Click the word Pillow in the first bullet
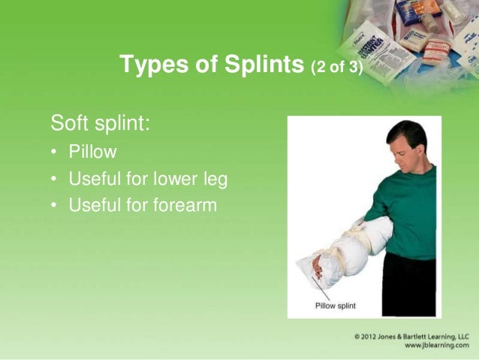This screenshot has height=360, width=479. click(x=92, y=152)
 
